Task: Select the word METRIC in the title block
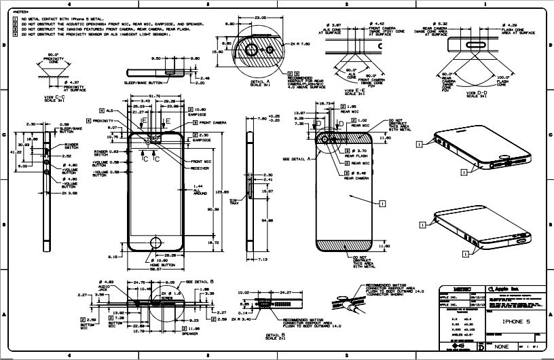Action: pos(454,289)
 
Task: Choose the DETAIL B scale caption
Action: pos(275,337)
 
